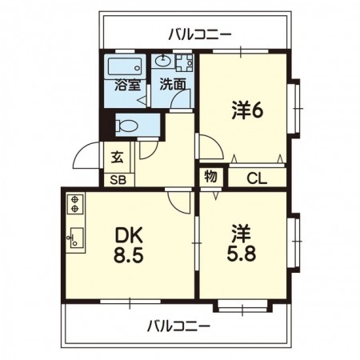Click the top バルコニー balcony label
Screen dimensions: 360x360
tap(199, 34)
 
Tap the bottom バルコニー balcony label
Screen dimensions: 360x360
tap(178, 326)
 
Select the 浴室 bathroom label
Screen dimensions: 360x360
tap(127, 85)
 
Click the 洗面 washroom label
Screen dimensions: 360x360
tap(173, 85)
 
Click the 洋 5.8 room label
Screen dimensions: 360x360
tap(242, 243)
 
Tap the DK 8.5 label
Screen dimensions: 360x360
tap(129, 245)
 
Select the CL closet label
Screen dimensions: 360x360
tap(257, 178)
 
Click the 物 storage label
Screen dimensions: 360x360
tap(210, 176)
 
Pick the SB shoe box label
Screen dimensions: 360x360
tap(118, 181)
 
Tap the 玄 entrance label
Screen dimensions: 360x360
tap(118, 157)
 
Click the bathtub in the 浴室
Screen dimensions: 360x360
tap(125, 67)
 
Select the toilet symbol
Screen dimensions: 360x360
tap(126, 125)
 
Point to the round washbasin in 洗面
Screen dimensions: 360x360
tap(163, 62)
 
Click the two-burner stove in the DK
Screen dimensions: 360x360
tap(75, 204)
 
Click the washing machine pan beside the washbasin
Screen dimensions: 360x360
tap(184, 63)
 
